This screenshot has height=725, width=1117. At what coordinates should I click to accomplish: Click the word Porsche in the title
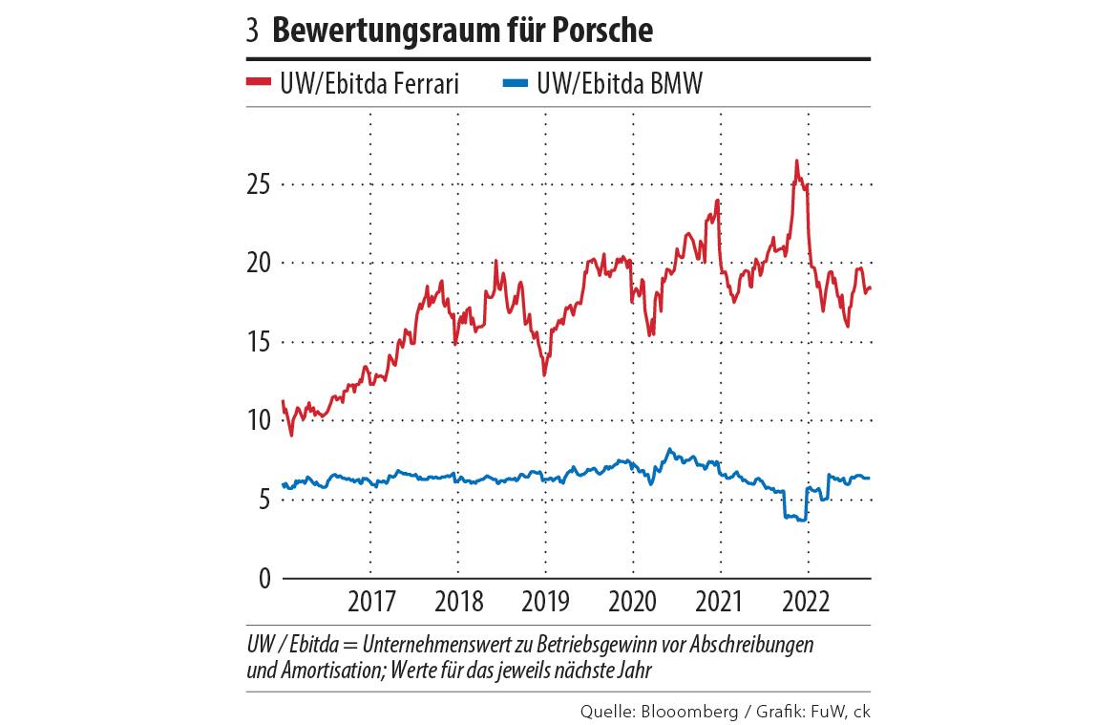pyautogui.click(x=598, y=31)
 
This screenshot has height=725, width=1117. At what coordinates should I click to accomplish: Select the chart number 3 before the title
pyautogui.click(x=252, y=32)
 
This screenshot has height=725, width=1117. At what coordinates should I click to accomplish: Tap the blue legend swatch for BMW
pyautogui.click(x=516, y=84)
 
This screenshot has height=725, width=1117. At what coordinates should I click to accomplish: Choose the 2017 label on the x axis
pyautogui.click(x=371, y=604)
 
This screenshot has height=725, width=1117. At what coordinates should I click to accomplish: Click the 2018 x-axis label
pyautogui.click(x=458, y=604)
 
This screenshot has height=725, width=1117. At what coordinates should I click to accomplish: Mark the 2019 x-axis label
pyautogui.click(x=545, y=604)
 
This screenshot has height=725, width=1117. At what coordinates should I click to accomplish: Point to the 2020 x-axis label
pyautogui.click(x=633, y=604)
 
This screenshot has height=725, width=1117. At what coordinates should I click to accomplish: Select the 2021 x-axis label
pyautogui.click(x=720, y=604)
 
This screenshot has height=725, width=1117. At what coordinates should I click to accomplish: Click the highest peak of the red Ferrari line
pyautogui.click(x=795, y=161)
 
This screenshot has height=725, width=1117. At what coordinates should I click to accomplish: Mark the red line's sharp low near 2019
pyautogui.click(x=544, y=374)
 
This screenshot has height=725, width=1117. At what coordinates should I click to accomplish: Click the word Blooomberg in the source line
pyautogui.click(x=686, y=712)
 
